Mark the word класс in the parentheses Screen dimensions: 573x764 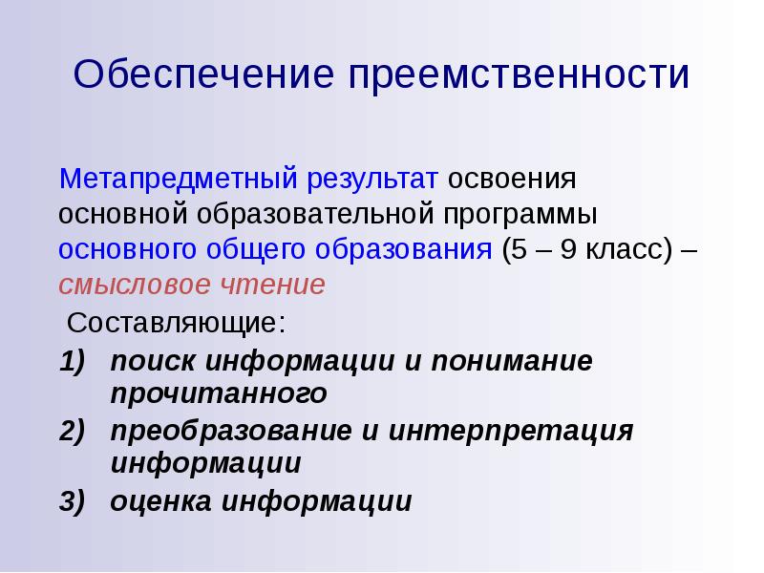(x=622, y=250)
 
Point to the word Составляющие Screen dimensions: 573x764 (x=176, y=322)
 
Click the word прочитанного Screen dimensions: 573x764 (x=219, y=393)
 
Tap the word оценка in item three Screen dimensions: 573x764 (x=161, y=501)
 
